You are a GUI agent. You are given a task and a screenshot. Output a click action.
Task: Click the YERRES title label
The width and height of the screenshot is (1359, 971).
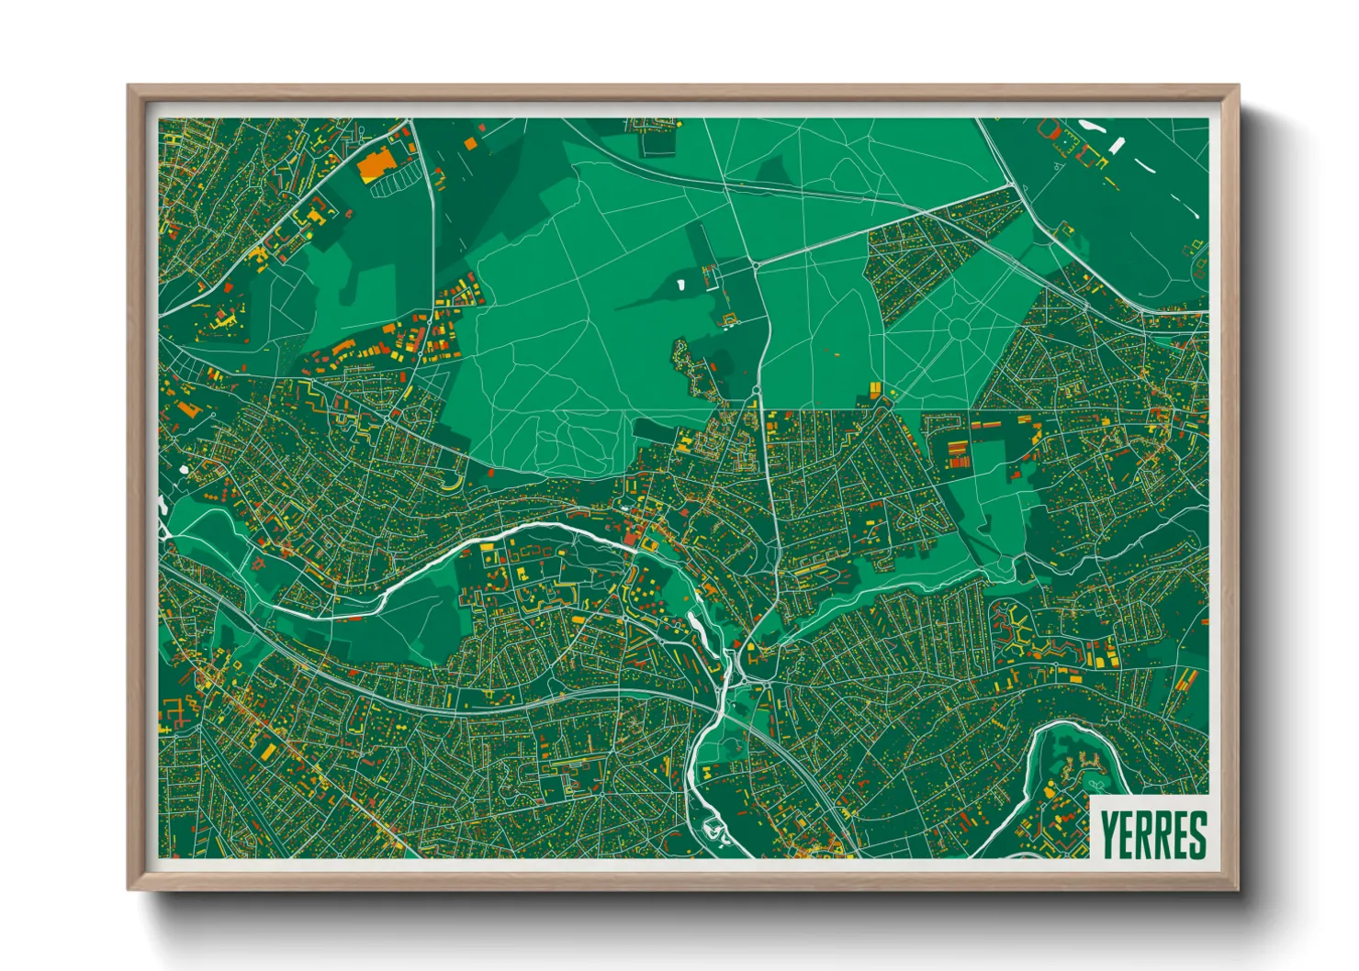[x=1152, y=833]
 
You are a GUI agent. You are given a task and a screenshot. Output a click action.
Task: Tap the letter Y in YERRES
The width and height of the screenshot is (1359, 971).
[x=1108, y=833]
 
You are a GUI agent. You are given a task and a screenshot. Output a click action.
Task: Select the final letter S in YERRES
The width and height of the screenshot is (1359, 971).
[x=1196, y=833]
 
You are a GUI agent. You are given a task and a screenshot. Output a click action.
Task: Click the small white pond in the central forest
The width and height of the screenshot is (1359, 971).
[x=680, y=285]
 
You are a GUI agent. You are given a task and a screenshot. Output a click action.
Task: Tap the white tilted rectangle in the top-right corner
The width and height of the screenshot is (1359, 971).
[x=1117, y=146]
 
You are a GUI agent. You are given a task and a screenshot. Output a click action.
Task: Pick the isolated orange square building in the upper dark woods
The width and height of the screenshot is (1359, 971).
[x=469, y=143]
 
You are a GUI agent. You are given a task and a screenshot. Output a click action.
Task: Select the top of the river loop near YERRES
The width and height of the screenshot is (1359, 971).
[x=1070, y=725]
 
